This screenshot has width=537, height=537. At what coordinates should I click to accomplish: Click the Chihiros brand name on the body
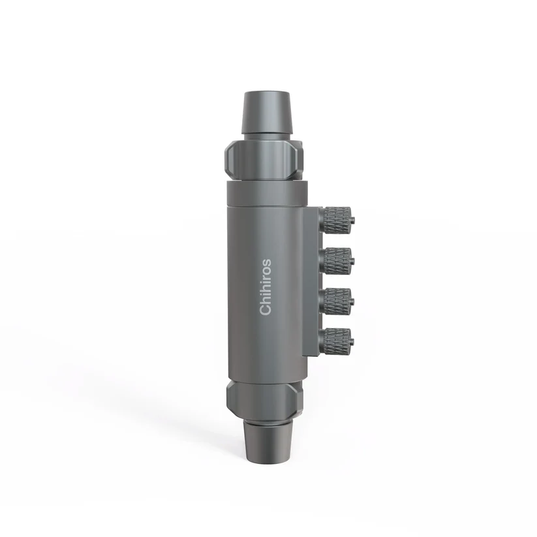tap(266, 287)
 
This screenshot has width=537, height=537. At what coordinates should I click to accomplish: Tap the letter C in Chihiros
tap(266, 310)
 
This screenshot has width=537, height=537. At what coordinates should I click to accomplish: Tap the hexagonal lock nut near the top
tap(264, 159)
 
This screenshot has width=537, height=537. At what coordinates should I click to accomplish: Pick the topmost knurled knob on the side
tap(337, 218)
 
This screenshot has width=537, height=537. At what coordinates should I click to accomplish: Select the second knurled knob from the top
tap(337, 260)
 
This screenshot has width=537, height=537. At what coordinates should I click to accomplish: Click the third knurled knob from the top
tap(337, 300)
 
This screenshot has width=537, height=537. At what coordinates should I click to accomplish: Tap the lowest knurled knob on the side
tap(337, 340)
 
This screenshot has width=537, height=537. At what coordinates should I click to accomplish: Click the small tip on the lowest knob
tap(353, 339)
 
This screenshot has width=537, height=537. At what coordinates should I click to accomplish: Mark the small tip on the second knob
tap(353, 260)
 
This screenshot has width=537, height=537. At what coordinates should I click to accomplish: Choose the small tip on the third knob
tap(353, 300)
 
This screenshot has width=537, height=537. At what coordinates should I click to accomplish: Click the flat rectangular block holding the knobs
tap(311, 281)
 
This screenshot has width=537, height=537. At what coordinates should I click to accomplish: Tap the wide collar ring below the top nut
tap(266, 192)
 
